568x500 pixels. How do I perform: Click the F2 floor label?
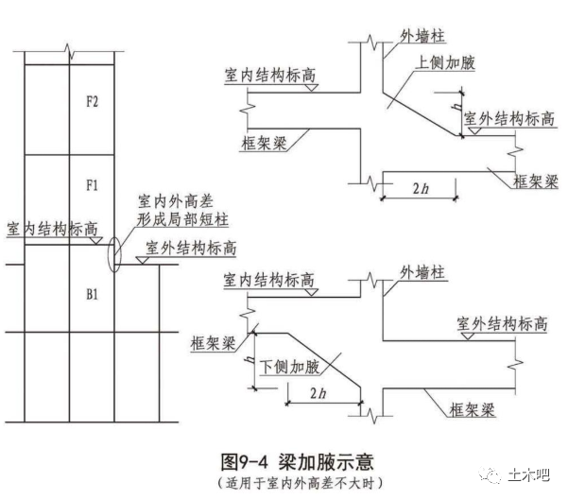tap(93, 102)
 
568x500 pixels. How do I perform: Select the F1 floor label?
tap(93, 184)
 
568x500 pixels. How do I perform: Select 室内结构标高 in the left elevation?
tap(52, 229)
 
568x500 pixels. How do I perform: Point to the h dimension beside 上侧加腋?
tap(456, 111)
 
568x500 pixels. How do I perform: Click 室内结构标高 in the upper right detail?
tap(269, 74)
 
